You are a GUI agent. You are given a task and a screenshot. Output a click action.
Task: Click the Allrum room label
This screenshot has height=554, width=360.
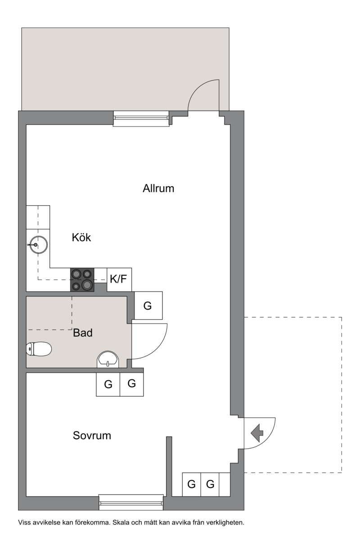click(158, 189)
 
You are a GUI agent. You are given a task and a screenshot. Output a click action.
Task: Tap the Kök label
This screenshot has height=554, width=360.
click(81, 238)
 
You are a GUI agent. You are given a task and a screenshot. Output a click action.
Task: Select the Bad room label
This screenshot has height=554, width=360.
click(83, 333)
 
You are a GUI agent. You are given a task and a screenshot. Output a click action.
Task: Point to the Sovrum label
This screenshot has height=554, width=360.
click(92, 436)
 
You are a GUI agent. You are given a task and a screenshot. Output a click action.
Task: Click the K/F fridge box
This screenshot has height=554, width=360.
click(119, 279)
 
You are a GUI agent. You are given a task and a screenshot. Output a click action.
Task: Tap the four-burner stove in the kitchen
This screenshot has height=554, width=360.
click(82, 280)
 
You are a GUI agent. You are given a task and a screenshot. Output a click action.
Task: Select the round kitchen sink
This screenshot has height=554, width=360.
click(38, 245)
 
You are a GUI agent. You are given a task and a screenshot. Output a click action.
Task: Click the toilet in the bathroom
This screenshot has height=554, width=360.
click(39, 349)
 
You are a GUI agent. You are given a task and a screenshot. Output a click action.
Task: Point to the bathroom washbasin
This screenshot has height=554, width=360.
click(108, 359)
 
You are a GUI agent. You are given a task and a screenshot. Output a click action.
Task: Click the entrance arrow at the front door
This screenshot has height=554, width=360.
click(257, 433)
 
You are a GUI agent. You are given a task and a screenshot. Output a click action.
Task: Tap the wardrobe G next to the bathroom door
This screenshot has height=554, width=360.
click(148, 306)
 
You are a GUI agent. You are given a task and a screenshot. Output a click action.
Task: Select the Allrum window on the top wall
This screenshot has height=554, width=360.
click(141, 119)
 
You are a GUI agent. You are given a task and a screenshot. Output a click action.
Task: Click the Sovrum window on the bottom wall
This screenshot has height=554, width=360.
click(131, 502)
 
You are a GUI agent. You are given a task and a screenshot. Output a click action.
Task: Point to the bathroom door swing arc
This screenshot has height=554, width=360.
click(157, 349)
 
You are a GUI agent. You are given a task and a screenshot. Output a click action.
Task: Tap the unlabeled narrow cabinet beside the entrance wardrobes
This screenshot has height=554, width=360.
click(225, 485)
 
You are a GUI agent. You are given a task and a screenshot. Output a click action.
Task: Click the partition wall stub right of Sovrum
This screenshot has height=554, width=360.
click(169, 466)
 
